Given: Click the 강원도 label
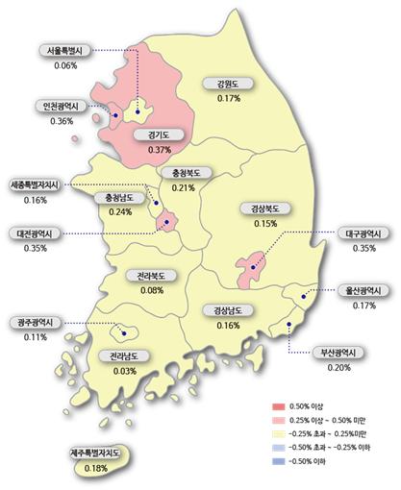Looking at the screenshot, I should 229,85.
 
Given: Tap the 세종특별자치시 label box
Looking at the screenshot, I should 39,184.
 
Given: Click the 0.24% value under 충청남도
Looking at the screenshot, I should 120,212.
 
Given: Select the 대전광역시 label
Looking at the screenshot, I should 39,233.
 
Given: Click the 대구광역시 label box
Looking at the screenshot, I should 364,233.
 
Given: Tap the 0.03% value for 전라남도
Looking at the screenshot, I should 123,370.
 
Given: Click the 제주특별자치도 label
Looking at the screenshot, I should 95,453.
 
